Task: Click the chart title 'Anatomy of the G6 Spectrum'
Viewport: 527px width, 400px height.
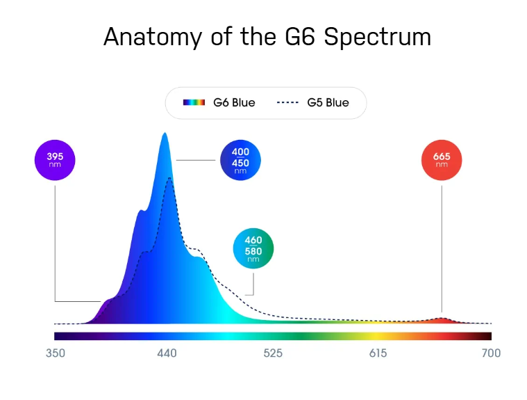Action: pyautogui.click(x=267, y=36)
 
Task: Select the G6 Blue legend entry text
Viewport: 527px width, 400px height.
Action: pyautogui.click(x=234, y=103)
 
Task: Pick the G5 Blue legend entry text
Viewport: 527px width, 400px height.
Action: pyautogui.click(x=328, y=103)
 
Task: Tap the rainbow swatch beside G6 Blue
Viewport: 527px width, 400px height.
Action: pyautogui.click(x=194, y=103)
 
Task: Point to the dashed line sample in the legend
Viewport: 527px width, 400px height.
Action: pyautogui.click(x=287, y=103)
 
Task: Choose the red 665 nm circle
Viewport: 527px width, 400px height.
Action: pyautogui.click(x=442, y=161)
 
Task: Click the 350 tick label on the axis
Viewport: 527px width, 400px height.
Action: pyautogui.click(x=56, y=353)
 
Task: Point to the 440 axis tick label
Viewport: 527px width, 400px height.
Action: pyautogui.click(x=167, y=353)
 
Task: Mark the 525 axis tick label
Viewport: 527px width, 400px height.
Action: pyautogui.click(x=273, y=353)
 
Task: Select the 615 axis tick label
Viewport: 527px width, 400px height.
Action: pyautogui.click(x=378, y=353)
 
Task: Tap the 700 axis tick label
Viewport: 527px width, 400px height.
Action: pyautogui.click(x=491, y=353)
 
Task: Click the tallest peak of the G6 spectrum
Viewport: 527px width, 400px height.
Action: pyautogui.click(x=165, y=135)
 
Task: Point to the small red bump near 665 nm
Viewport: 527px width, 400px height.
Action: pyautogui.click(x=442, y=319)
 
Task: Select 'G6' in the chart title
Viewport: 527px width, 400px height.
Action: pyautogui.click(x=299, y=36)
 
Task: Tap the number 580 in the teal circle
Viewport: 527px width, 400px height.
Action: pyautogui.click(x=253, y=250)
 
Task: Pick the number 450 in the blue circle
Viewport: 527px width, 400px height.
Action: pyautogui.click(x=240, y=163)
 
